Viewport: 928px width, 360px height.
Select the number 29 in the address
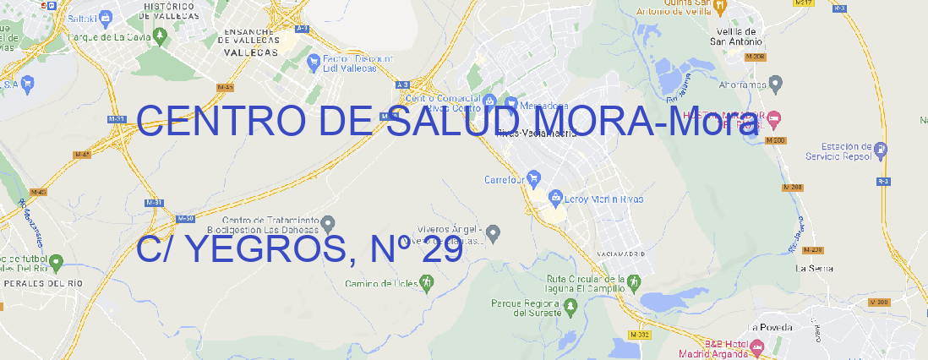coord(440,249)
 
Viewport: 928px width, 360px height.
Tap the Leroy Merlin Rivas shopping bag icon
coord(555,199)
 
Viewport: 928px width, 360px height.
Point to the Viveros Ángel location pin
coord(494,232)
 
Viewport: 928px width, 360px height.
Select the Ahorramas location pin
coord(777,84)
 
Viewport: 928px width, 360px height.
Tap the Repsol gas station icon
coord(882,151)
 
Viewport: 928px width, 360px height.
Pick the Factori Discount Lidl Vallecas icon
coord(315,61)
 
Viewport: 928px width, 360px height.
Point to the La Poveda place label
coord(770,327)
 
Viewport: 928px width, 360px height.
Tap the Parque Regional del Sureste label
coord(526,308)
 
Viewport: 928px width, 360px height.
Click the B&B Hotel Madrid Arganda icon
coord(757,346)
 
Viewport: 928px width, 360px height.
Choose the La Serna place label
coord(815,268)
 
